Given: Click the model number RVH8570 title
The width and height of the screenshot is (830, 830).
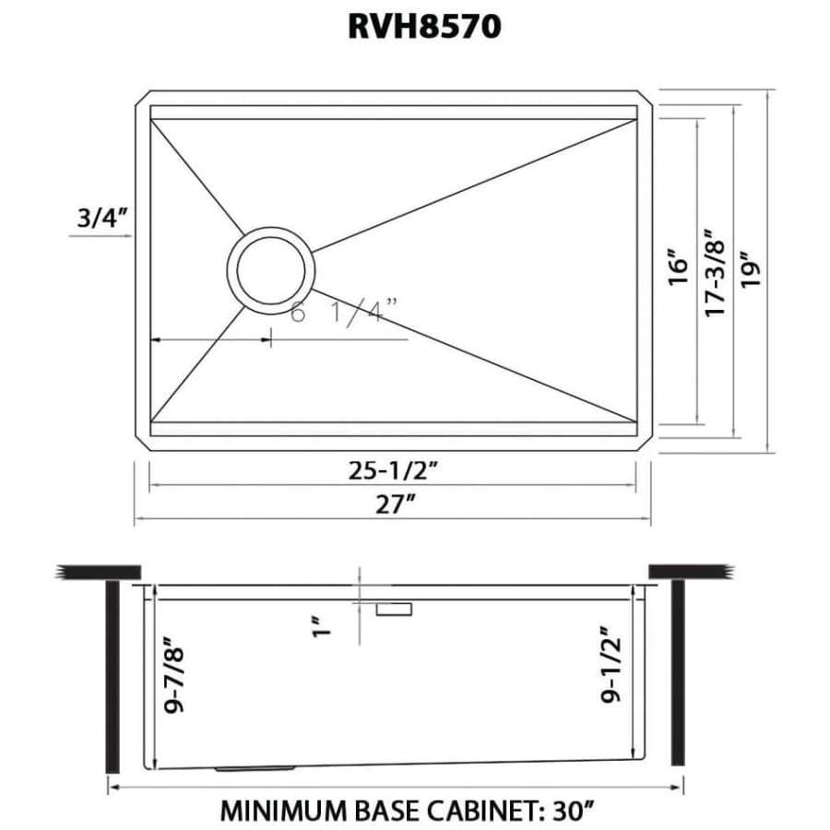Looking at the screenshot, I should [424, 26].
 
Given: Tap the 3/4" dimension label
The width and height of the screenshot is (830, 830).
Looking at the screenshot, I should [101, 218].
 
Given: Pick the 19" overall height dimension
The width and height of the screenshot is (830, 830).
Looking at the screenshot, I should [749, 270].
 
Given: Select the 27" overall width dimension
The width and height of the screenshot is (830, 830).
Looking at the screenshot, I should [395, 505].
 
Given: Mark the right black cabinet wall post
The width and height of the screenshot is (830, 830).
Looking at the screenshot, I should [678, 672].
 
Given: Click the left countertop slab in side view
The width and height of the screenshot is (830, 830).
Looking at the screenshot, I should [98, 571].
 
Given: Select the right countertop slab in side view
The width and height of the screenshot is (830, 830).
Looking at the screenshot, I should [692, 571].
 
